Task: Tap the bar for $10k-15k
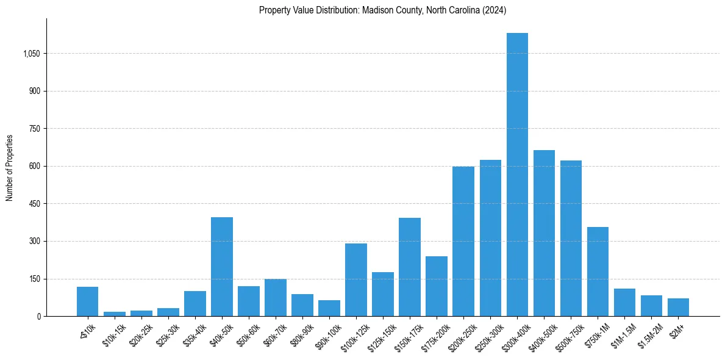[x=115, y=314]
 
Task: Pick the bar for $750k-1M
[x=598, y=272]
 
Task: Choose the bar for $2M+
[x=678, y=308]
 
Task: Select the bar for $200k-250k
[x=463, y=241]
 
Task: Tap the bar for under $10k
[x=88, y=301]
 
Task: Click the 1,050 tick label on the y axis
[x=31, y=54]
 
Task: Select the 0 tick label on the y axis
[x=38, y=316]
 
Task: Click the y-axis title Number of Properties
[x=10, y=168]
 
